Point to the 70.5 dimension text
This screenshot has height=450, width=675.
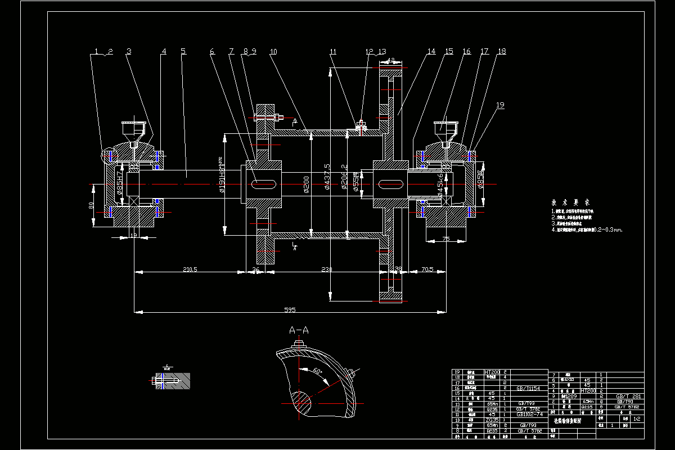tap(428, 269)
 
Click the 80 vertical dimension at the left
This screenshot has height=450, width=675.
tap(91, 206)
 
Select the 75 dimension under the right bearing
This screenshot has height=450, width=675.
tap(445, 238)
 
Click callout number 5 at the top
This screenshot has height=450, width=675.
tap(183, 51)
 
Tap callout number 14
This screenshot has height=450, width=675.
tap(431, 51)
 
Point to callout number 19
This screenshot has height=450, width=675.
tap(501, 105)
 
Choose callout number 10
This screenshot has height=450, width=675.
tap(273, 51)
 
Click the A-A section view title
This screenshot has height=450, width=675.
tap(298, 330)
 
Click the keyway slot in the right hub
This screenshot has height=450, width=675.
tap(389, 184)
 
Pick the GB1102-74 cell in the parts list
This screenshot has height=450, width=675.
tap(528, 414)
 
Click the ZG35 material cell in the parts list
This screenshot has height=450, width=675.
tap(493, 420)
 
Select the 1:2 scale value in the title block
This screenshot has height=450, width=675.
tap(637, 419)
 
